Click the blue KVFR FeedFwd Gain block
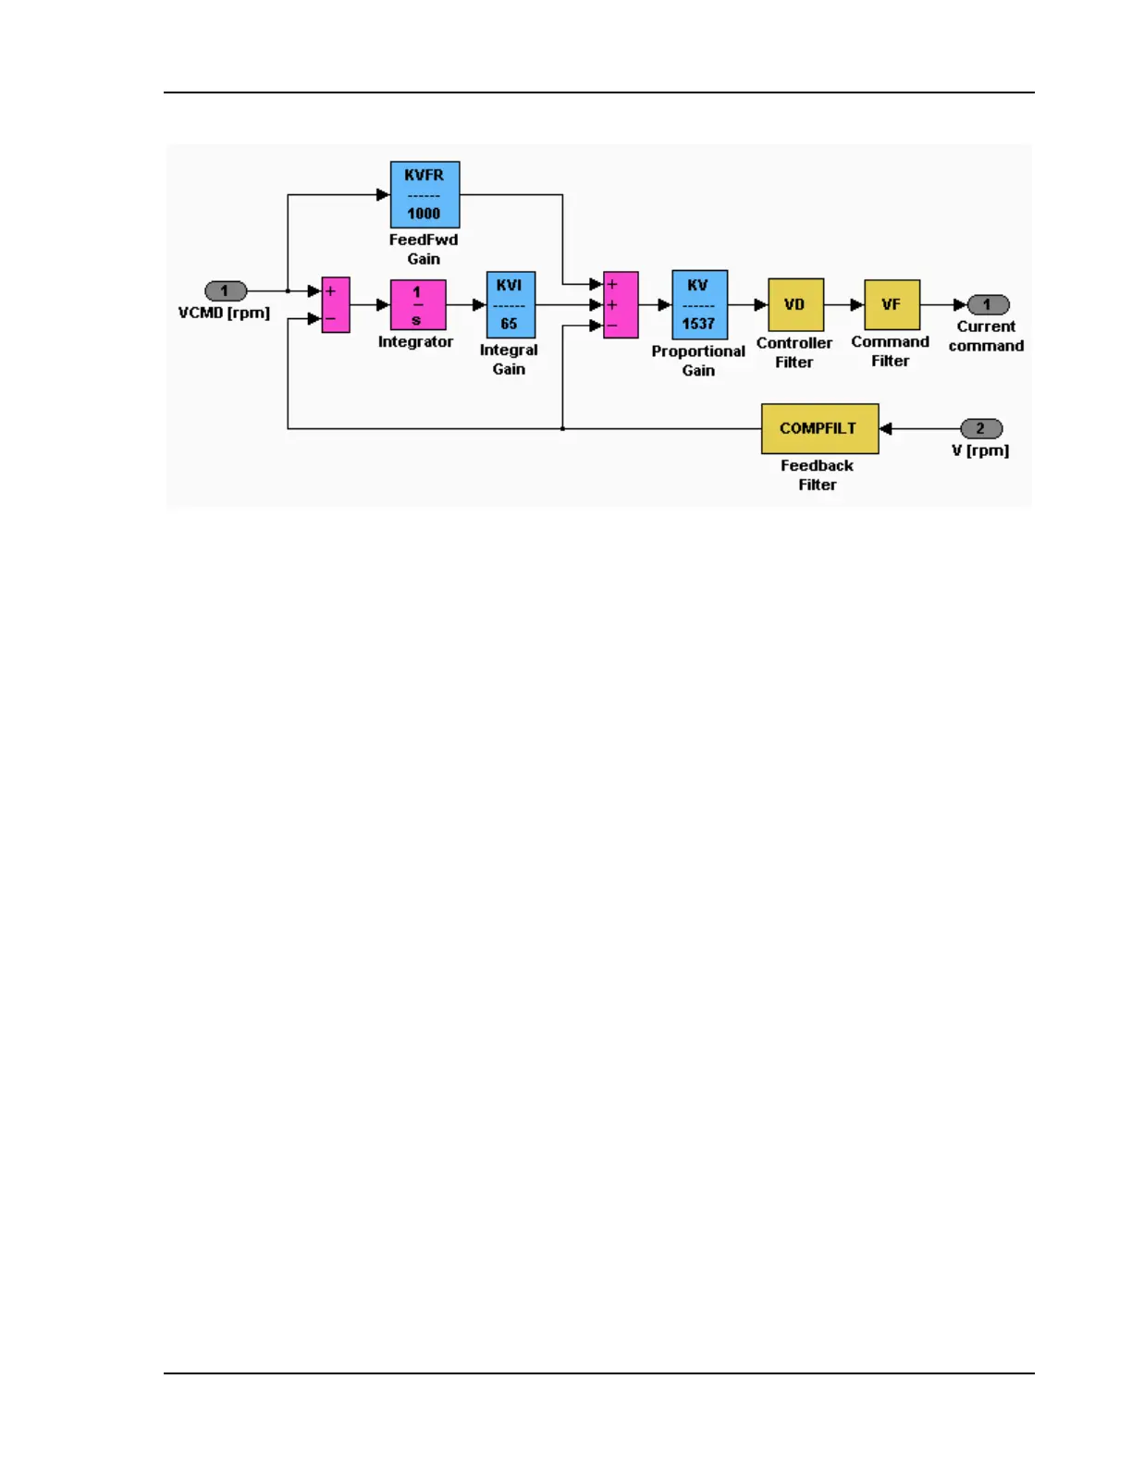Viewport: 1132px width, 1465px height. point(424,194)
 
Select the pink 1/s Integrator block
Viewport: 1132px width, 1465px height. point(418,304)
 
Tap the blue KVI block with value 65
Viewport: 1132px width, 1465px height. point(511,304)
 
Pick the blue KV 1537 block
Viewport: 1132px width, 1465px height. point(699,304)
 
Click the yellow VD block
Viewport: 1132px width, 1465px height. point(795,304)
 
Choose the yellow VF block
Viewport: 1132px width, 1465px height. point(892,304)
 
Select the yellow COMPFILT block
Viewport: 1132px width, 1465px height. point(819,428)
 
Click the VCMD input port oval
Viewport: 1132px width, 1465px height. point(225,291)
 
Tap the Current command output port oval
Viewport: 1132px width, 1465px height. point(987,304)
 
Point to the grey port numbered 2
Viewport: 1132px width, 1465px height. point(980,428)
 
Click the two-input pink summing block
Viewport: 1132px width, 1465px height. point(335,304)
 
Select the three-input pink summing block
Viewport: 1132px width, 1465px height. point(620,304)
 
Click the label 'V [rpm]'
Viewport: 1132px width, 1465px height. point(980,450)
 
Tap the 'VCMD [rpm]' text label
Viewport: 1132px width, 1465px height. point(224,313)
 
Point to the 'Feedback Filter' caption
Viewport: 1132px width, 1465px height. point(818,474)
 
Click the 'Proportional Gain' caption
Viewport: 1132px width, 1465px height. point(698,361)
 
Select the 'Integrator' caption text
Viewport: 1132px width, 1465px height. point(415,341)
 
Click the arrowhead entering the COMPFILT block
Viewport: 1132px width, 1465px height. point(885,428)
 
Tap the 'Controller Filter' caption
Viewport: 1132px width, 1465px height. point(794,352)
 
